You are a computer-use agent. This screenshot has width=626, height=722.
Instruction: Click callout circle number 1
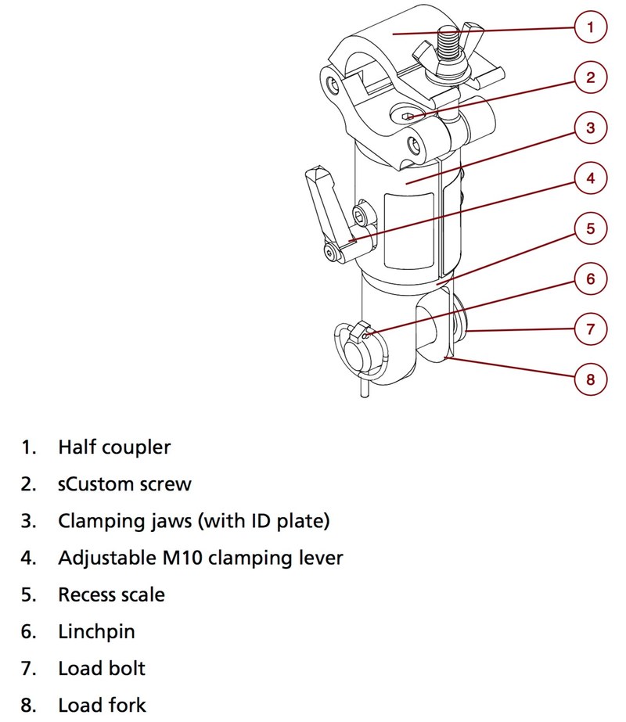[x=590, y=28]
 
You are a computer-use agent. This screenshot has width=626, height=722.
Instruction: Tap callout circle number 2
[x=590, y=77]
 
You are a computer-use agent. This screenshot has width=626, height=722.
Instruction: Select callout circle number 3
[x=590, y=128]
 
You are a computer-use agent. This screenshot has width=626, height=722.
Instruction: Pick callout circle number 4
[x=590, y=178]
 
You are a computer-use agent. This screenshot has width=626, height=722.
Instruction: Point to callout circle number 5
[x=590, y=228]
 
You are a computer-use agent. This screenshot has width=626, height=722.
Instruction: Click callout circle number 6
[x=590, y=278]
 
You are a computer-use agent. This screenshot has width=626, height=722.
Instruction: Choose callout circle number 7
[x=590, y=329]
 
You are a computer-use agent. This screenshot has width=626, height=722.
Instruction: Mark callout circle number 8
[x=590, y=379]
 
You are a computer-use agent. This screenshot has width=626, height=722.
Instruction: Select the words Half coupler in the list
[x=114, y=447]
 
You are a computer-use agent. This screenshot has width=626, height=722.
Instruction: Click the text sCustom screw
[x=124, y=484]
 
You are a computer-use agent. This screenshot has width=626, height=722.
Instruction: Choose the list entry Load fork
[x=102, y=705]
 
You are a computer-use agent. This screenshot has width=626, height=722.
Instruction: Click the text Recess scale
[x=111, y=594]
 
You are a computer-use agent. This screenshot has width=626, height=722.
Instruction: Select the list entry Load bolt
[x=102, y=668]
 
